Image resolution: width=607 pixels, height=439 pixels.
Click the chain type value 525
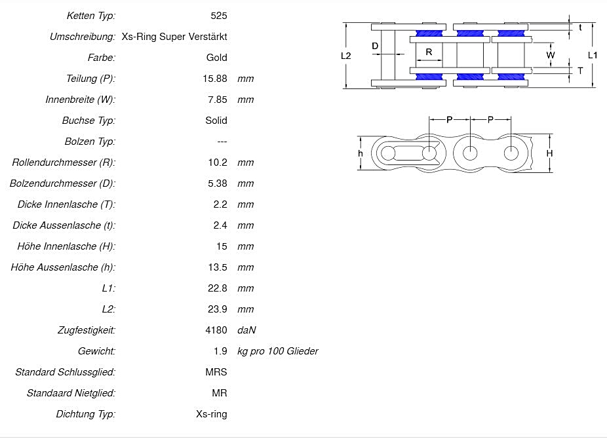220,15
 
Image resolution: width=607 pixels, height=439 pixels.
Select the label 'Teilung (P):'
90,79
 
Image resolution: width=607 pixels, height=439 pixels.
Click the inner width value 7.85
217,100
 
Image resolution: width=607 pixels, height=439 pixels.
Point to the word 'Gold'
216,58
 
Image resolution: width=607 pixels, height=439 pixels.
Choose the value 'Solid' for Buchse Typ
216,121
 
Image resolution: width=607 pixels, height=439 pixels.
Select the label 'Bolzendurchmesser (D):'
62,183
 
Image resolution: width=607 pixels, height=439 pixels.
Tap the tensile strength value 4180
216,330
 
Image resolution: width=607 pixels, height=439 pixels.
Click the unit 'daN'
246,330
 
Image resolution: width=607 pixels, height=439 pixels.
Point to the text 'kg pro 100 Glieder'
278,351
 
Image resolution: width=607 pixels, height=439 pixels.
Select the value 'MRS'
216,372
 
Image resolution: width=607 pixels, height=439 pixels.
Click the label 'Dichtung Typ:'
85,414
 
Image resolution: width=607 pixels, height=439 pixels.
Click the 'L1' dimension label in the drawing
593,56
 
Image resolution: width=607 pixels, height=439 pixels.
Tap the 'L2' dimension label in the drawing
346,56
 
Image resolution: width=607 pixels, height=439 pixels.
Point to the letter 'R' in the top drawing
429,52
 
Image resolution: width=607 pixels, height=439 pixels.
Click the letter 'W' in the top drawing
551,56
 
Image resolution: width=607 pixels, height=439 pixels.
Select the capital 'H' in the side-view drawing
550,153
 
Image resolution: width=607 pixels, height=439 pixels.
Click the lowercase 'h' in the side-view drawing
360,153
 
